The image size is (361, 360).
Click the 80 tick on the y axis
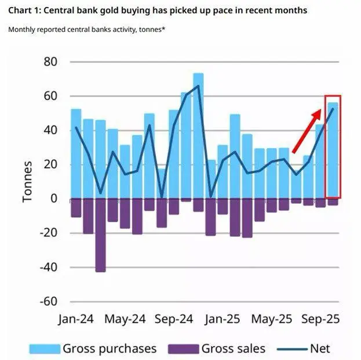(50, 61)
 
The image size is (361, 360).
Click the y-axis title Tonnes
(27, 181)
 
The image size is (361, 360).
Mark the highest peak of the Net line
(198, 86)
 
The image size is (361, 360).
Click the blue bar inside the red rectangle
(333, 150)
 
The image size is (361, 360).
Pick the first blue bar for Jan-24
(76, 153)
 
